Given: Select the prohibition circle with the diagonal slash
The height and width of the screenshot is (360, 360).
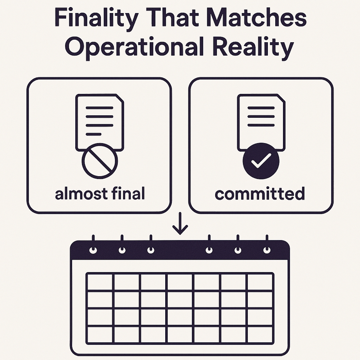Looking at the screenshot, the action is pos(100,161).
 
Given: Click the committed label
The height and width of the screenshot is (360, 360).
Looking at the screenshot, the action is pos(260,193).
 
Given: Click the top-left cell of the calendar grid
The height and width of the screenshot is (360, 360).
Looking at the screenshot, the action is pos(100,282).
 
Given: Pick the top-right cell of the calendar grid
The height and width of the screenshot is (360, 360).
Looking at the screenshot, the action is pos(260,282).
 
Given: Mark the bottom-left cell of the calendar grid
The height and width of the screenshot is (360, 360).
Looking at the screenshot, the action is pos(100,334).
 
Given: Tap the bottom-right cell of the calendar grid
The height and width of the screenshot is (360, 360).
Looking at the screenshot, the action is pos(260,334).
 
